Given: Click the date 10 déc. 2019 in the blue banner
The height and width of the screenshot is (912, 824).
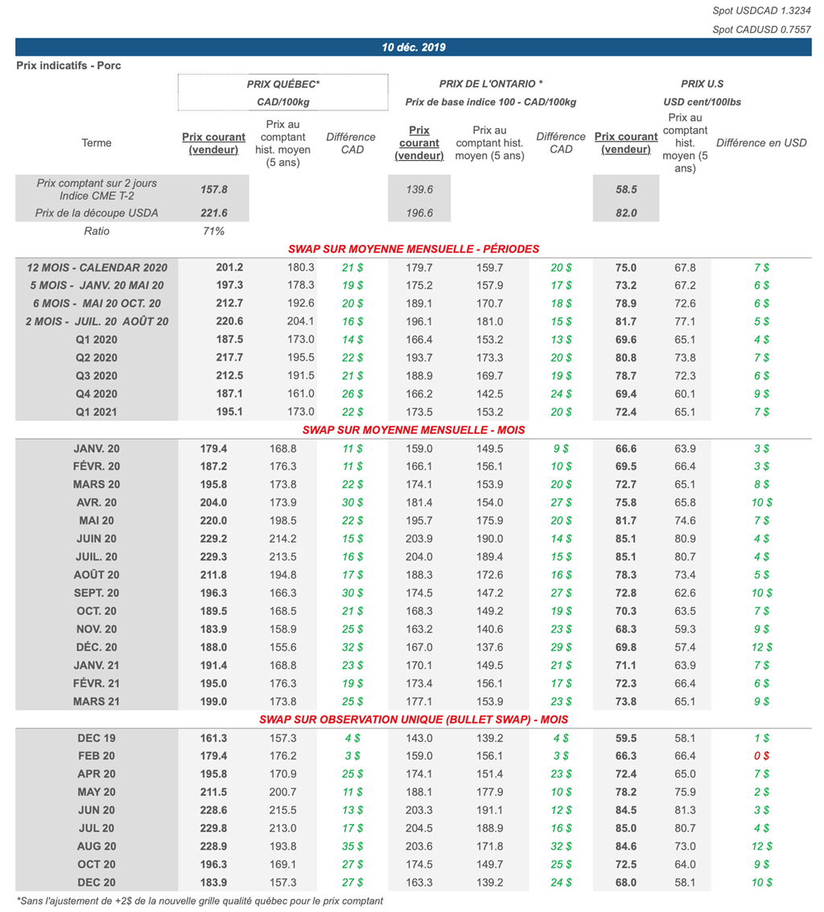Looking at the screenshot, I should click(414, 47).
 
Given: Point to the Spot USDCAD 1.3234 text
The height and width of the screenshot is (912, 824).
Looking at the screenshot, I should click(761, 10).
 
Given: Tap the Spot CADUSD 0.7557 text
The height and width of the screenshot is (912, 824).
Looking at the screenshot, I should click(761, 29).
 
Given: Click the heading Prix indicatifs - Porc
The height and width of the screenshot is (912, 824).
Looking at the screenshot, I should click(68, 65).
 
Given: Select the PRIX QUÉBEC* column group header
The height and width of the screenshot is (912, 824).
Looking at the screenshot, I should click(283, 84).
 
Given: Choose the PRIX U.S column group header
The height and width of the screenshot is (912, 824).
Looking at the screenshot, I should click(702, 84).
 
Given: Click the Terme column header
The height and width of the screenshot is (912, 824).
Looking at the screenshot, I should click(97, 143).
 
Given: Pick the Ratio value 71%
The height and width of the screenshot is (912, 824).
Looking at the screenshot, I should click(213, 231).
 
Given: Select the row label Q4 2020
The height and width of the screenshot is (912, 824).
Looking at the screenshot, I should click(97, 394).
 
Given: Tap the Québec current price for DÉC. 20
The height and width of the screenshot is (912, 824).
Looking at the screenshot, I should click(213, 647).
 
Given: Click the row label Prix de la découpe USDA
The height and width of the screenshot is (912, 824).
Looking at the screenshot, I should click(97, 213).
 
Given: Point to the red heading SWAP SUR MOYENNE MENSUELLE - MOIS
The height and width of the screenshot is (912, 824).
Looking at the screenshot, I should click(414, 430).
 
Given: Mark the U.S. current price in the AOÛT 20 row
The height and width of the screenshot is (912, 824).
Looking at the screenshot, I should click(626, 575).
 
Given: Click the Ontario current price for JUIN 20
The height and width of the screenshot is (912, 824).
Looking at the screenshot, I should click(419, 539).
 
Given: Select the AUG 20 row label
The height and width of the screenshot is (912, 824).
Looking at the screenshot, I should click(97, 847).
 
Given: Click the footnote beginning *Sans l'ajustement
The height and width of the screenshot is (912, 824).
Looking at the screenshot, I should click(200, 901).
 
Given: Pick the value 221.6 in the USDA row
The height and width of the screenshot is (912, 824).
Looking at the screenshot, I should click(213, 213).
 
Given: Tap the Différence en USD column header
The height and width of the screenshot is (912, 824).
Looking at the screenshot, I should click(761, 143).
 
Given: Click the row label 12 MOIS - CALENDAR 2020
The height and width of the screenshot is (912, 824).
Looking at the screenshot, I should click(97, 267).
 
